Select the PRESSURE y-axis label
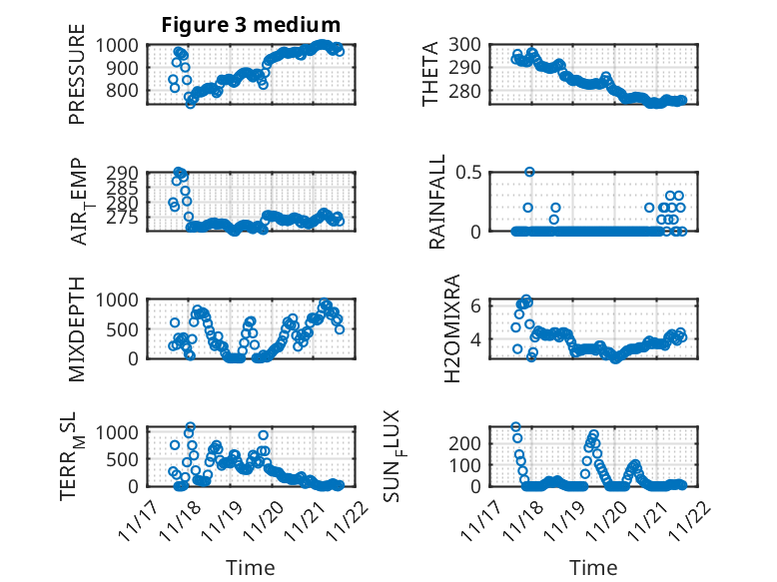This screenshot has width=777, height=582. tap(77, 81)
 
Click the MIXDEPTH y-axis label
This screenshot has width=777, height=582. tap(77, 328)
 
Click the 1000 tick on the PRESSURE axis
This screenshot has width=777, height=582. tap(124, 45)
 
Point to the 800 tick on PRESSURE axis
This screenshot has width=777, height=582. tap(129, 91)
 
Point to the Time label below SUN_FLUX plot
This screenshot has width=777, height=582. tap(593, 568)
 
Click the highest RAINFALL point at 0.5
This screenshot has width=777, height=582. tap(529, 172)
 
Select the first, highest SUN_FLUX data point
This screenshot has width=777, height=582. tap(516, 427)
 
